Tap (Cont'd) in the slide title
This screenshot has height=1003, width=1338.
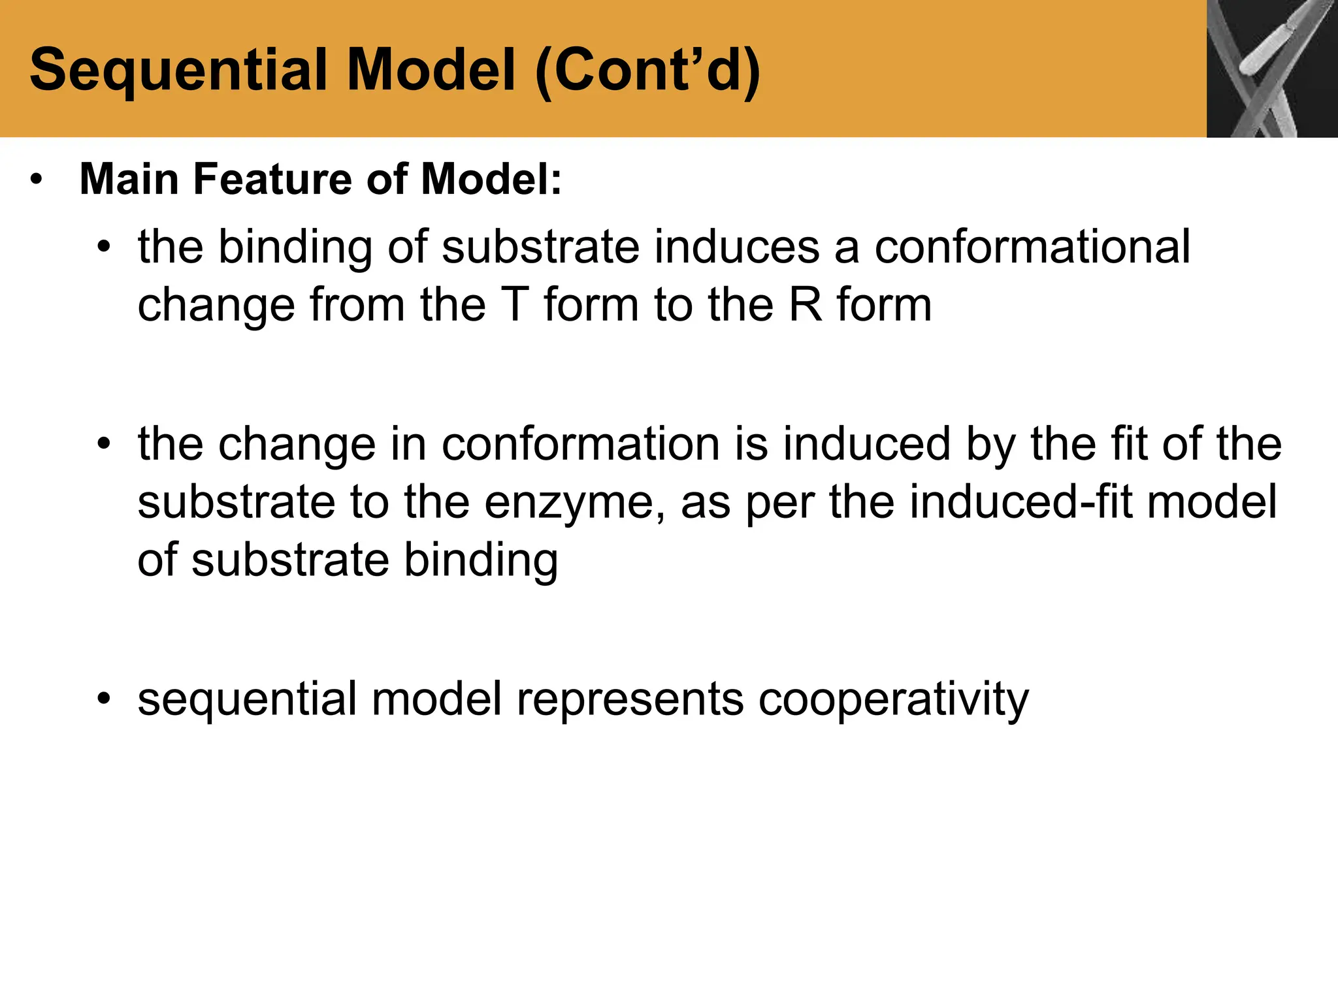click(x=647, y=71)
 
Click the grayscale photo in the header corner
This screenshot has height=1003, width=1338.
click(x=1271, y=69)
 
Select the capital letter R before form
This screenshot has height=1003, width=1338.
click(x=806, y=305)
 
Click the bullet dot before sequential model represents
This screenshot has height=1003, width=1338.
click(x=103, y=699)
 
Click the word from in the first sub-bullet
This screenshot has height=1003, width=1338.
click(x=357, y=305)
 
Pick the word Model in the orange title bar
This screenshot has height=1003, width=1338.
click(x=431, y=71)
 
